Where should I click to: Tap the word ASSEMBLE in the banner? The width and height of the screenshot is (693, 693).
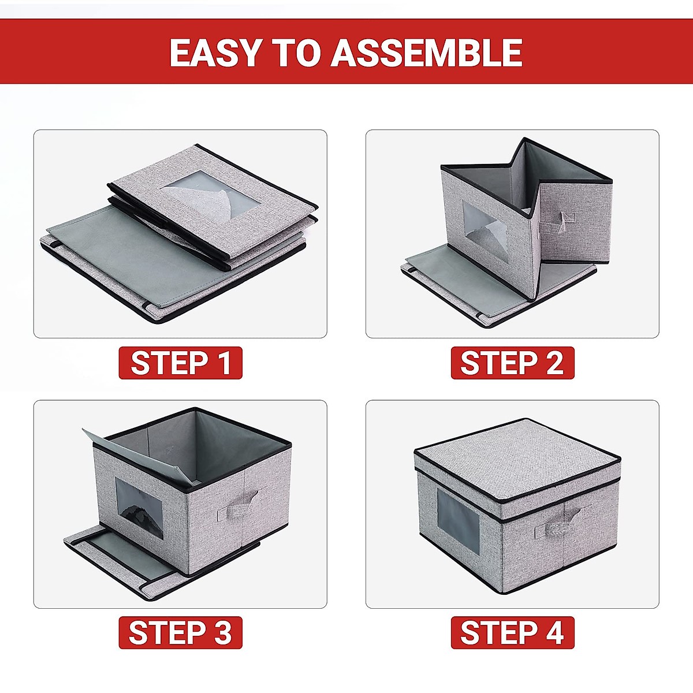[427, 53]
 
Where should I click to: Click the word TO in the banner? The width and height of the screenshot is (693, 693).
[296, 53]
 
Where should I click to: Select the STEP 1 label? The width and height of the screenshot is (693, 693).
[180, 363]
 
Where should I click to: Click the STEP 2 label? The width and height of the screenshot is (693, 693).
[512, 363]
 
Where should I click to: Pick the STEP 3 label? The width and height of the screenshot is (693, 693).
[180, 632]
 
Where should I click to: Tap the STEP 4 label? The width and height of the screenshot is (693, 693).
[512, 632]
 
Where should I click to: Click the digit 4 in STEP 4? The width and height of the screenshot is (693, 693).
[553, 632]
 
